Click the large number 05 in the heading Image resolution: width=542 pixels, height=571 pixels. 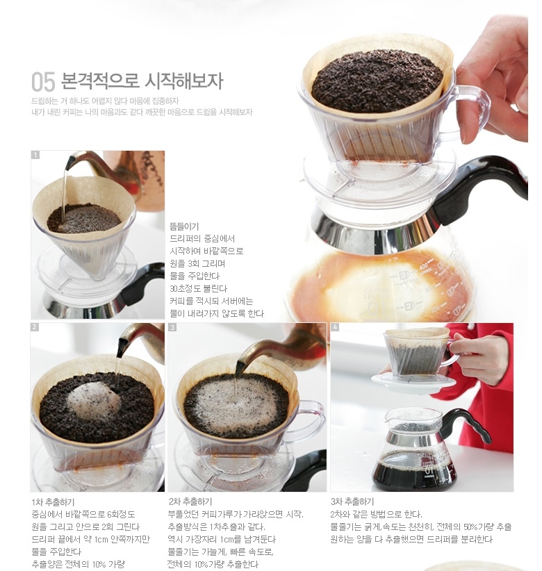(43, 81)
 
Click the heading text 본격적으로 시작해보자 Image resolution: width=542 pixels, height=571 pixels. (141, 81)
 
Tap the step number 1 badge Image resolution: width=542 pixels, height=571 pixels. (35, 156)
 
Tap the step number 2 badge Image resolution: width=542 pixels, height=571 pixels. (35, 327)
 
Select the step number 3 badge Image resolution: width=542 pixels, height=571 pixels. (172, 327)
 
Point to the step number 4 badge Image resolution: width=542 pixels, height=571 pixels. (335, 327)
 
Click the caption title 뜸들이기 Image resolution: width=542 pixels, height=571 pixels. (184, 226)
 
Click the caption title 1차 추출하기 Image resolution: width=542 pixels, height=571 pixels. (54, 502)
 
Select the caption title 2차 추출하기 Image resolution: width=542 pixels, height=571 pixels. (190, 502)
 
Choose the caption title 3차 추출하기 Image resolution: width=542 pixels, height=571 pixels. (352, 502)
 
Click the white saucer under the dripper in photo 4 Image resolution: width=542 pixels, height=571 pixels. (413, 383)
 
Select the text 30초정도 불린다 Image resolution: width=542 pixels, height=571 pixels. (198, 289)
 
